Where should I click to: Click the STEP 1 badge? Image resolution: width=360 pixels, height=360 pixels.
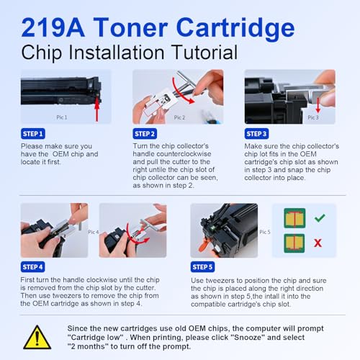tap(33, 134)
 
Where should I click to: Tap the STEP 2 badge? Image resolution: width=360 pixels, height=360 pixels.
tap(145, 134)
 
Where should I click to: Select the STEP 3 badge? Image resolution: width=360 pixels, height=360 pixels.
tap(256, 134)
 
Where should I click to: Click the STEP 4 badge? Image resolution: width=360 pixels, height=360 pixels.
tap(32, 267)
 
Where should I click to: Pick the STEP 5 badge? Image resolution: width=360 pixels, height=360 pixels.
tap(202, 267)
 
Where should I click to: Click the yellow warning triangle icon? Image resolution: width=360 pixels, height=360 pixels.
tap(37, 337)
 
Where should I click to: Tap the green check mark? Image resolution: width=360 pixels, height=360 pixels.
tap(320, 217)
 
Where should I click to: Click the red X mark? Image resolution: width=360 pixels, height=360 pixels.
tap(318, 243)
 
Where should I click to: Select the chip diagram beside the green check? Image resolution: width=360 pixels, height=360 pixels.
tap(294, 218)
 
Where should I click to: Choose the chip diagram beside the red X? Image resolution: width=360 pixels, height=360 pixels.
tap(294, 243)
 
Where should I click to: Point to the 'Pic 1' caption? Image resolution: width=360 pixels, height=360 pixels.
tap(62, 117)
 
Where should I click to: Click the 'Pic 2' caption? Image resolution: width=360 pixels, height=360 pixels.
tap(179, 117)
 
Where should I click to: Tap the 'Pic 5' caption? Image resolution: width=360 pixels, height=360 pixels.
tap(265, 232)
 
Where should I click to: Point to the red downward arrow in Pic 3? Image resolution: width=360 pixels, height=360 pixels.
tap(318, 105)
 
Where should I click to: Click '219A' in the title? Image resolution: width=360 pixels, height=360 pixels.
tap(53, 27)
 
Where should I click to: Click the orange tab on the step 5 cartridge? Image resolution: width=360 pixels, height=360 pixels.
tap(204, 246)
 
